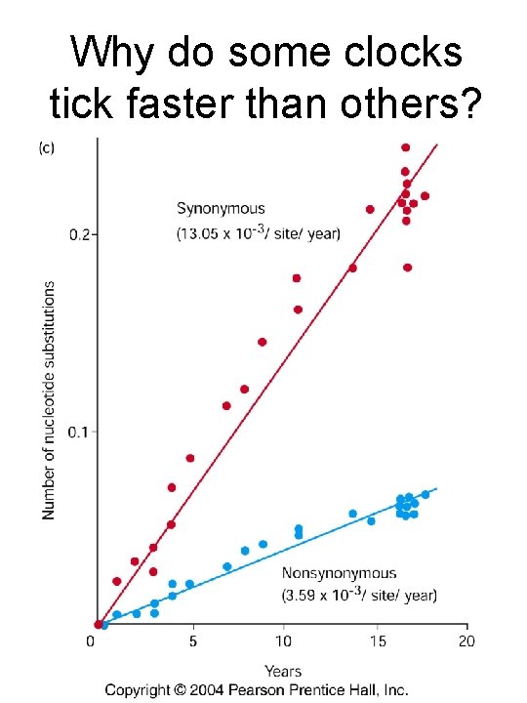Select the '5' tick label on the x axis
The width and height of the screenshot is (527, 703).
click(x=192, y=641)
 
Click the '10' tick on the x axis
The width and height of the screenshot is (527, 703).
click(x=282, y=641)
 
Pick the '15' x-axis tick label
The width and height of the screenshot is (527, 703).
click(x=376, y=641)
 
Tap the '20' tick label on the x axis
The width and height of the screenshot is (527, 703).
click(x=466, y=641)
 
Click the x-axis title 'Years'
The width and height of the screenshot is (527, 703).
click(x=282, y=671)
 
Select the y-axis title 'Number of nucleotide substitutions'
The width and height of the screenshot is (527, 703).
click(x=50, y=400)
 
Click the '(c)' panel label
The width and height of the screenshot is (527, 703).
click(x=46, y=148)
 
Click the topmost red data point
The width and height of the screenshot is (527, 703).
click(x=406, y=147)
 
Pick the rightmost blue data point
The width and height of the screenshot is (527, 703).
click(x=426, y=494)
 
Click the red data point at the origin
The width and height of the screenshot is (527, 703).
click(x=98, y=625)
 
